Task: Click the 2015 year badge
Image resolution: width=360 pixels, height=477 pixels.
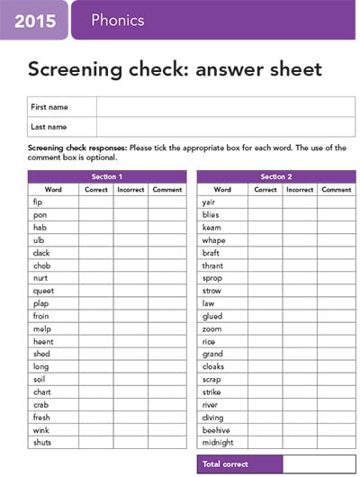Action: [x=33, y=21]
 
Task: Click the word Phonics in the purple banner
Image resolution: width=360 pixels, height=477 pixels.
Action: [x=117, y=21]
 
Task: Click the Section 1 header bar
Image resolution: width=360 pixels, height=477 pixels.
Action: [x=107, y=176]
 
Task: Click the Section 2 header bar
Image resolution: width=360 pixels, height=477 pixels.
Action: [x=275, y=176]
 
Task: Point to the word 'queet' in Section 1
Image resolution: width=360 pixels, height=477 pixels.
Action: [x=42, y=291]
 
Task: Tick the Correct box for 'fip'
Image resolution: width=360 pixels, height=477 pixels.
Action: [x=96, y=202]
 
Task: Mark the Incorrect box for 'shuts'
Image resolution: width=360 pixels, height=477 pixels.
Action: [x=131, y=442]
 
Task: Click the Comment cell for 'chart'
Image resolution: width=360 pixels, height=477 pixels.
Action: [x=167, y=391]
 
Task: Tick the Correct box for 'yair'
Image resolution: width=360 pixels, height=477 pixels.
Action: [x=265, y=202]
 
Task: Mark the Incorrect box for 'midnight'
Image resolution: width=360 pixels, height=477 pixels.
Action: [x=300, y=442]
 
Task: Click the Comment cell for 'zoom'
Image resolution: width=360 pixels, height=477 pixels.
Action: [x=337, y=328]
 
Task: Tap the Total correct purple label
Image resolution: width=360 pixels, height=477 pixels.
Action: [x=239, y=463]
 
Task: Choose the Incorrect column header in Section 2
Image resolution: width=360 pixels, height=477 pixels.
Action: [x=300, y=190]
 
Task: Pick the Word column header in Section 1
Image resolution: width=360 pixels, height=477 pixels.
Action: [x=53, y=190]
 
